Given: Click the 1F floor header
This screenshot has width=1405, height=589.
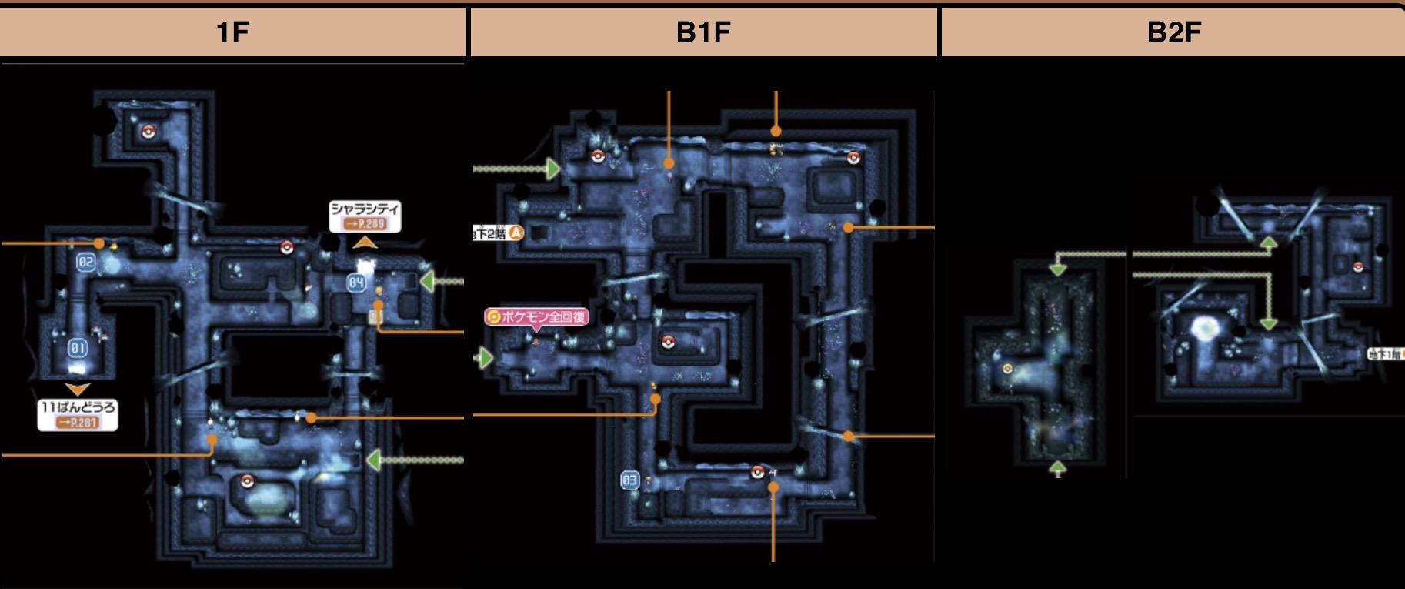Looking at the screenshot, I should click(232, 32).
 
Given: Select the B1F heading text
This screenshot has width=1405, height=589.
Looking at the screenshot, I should click(702, 32).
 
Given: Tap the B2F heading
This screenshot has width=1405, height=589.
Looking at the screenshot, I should click(1173, 32).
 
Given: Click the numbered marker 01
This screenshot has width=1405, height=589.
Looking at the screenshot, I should click(78, 348).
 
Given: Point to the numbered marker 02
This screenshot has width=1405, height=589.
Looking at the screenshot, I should click(85, 262).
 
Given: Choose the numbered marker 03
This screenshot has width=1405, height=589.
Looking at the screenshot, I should click(629, 480).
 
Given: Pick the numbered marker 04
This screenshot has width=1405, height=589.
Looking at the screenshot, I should click(355, 283).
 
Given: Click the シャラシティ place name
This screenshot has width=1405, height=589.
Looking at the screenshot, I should click(365, 209).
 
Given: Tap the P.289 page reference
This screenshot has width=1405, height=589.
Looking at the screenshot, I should click(365, 224).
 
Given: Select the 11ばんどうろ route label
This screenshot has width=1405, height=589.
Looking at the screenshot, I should click(78, 407).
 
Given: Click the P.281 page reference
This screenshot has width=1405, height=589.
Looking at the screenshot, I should click(78, 422).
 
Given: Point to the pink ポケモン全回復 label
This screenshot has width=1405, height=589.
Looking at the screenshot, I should click(536, 316).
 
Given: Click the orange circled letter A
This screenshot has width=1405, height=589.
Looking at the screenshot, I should click(516, 233).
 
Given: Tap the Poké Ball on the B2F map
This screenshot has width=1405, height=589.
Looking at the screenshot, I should click(1358, 266).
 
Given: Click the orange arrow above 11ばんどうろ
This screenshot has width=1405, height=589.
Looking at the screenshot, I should click(78, 389).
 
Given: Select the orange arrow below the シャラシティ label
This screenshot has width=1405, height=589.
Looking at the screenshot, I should click(365, 243).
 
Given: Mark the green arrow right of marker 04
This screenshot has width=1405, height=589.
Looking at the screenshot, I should click(426, 282).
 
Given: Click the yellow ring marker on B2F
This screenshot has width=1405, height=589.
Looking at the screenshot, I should click(1007, 369).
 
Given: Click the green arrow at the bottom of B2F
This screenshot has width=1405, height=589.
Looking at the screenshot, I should click(1058, 467).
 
